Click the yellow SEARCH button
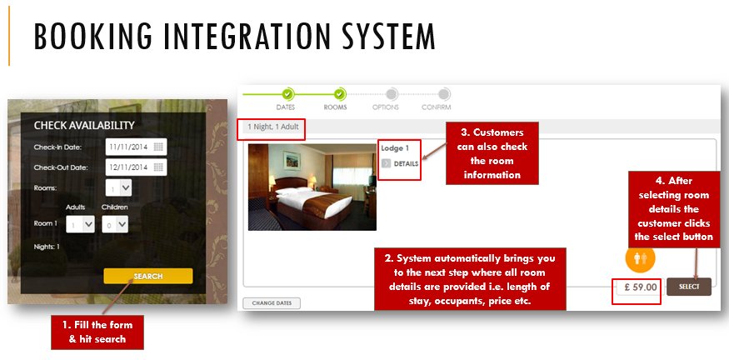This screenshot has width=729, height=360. point(147,276)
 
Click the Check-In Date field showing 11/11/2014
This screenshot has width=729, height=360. point(127,147)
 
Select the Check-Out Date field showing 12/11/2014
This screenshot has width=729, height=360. point(127,167)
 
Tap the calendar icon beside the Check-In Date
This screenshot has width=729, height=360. point(159,147)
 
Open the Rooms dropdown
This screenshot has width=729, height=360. point(118,188)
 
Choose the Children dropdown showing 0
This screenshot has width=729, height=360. point(115,224)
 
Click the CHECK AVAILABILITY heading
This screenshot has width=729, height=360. point(84,125)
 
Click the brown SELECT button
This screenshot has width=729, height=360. point(688,287)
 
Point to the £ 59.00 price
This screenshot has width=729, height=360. point(637,287)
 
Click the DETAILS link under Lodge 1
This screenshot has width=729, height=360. point(405,163)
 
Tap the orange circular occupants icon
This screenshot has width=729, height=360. point(640,257)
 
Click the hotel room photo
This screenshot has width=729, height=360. point(312,187)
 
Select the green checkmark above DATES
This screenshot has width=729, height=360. point(287,94)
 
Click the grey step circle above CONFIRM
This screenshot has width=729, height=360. point(444,94)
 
